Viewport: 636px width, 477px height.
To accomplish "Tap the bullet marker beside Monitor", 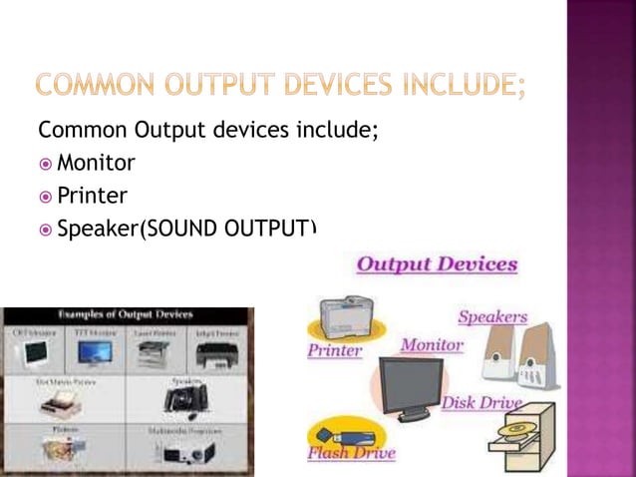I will click(x=46, y=163).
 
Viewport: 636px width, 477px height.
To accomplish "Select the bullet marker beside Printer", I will click(x=46, y=196).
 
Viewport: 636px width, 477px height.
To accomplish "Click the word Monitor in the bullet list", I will click(x=96, y=162).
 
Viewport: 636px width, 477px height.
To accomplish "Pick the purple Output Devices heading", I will click(x=437, y=264).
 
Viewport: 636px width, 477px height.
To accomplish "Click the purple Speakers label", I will click(x=492, y=317).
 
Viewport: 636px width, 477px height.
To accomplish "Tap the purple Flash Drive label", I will click(x=352, y=453).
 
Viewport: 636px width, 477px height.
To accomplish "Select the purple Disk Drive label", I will click(x=482, y=403).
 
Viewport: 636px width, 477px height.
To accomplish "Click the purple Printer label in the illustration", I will click(x=334, y=350).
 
